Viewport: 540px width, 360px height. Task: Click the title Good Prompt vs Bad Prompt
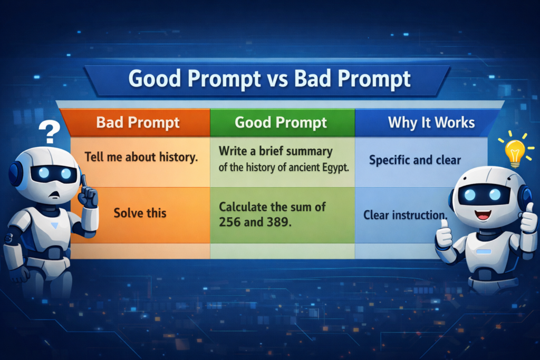coord(269,79)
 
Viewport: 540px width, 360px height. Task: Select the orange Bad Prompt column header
coord(138,123)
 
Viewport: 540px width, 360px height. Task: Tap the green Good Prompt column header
coord(281,123)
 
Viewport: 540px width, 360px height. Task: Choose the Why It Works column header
coord(431,123)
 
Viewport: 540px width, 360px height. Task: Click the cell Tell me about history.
coord(141,157)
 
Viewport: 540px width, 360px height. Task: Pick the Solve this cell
coord(140,213)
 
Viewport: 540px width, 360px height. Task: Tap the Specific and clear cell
coord(414,160)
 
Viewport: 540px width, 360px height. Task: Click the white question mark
coord(50,132)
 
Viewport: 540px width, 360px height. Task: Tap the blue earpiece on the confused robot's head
coord(15,174)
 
